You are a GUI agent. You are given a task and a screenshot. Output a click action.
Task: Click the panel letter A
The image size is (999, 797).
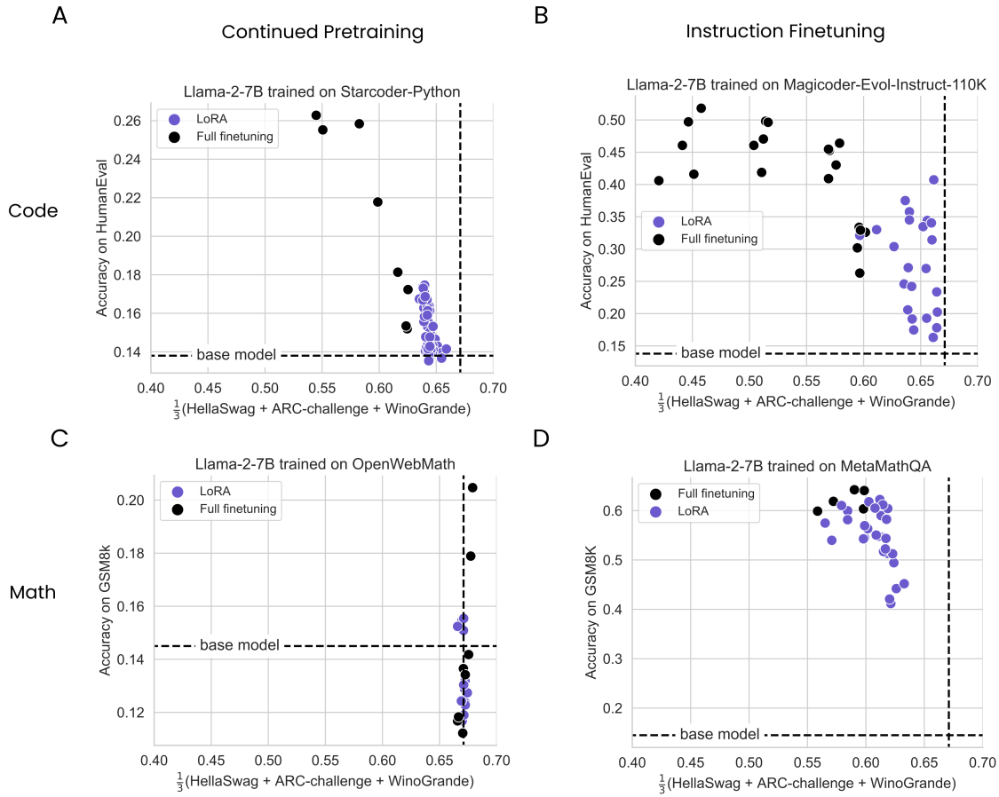coord(59,15)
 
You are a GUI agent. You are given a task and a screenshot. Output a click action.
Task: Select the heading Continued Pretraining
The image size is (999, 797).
coord(322,33)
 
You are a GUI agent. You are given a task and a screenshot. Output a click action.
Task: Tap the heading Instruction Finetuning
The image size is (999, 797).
coord(785,32)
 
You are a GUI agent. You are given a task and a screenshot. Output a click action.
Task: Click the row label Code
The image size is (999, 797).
coord(33,210)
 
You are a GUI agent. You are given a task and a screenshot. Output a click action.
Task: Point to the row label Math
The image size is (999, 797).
coord(33,592)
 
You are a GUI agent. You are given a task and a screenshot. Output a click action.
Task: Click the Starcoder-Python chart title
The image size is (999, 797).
coord(321,91)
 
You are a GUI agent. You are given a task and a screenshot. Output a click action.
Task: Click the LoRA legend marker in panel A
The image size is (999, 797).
coord(174,120)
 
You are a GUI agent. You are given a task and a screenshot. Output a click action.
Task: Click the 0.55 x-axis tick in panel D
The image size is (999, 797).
coord(749,761)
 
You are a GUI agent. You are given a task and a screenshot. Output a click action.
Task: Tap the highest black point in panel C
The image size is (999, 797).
coord(472,487)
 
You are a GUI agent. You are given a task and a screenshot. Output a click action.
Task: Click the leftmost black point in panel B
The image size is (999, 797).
coord(659,180)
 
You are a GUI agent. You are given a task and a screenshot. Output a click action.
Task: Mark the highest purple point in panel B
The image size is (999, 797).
coord(933,179)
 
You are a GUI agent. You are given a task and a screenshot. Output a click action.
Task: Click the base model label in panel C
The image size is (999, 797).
coord(240,645)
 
